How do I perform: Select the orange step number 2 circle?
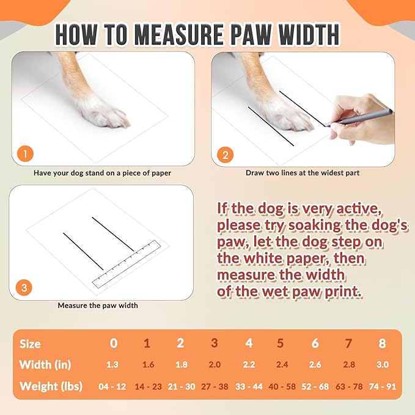pyautogui.click(x=224, y=154)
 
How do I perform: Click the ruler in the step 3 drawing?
pyautogui.click(x=126, y=263)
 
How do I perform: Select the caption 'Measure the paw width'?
pyautogui.click(x=98, y=305)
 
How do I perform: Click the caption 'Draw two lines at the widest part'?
pyautogui.click(x=303, y=173)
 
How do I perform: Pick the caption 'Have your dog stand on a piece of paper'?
pyautogui.click(x=102, y=173)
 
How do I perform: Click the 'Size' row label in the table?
pyautogui.click(x=30, y=344)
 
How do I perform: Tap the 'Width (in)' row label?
pyautogui.click(x=45, y=365)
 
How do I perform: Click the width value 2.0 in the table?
pyautogui.click(x=215, y=365)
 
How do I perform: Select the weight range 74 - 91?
pyautogui.click(x=382, y=386)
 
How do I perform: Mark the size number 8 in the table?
pyautogui.click(x=382, y=343)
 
